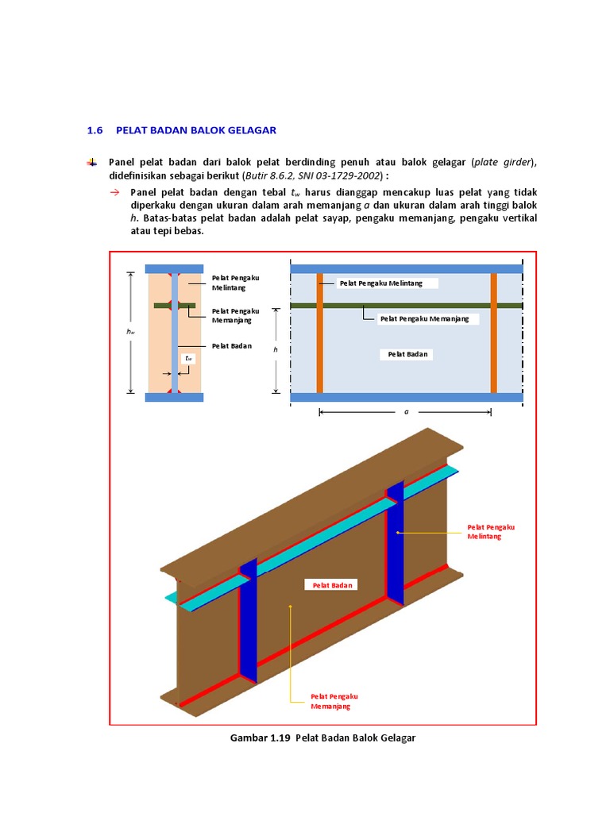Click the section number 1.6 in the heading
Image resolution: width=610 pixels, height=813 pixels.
click(x=95, y=129)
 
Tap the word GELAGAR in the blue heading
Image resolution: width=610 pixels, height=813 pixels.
click(x=249, y=129)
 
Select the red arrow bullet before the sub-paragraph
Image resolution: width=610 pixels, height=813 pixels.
click(x=114, y=192)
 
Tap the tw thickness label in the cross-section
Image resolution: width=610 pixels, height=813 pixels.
click(x=188, y=358)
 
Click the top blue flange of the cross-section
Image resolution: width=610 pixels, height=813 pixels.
click(x=175, y=269)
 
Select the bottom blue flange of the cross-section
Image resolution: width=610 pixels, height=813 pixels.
click(x=175, y=397)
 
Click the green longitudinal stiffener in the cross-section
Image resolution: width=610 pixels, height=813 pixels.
click(x=175, y=305)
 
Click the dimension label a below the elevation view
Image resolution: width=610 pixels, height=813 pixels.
click(x=406, y=413)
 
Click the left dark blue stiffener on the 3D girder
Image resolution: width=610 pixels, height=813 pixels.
click(x=249, y=627)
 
